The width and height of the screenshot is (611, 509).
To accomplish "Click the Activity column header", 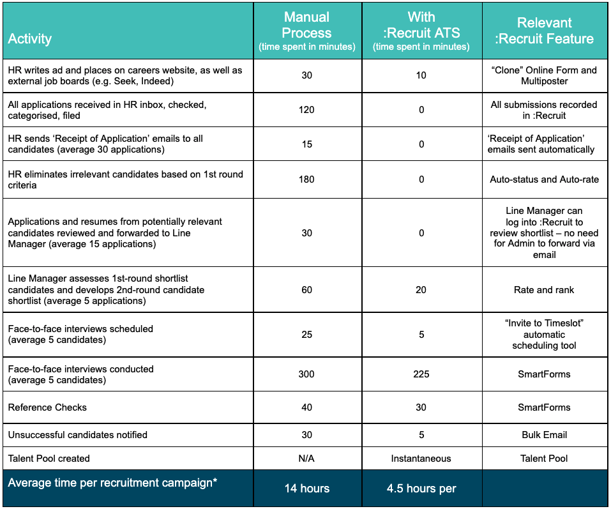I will pos(30,38).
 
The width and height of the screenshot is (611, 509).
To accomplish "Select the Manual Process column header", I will pos(306,31).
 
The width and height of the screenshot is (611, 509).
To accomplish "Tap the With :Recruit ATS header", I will pos(421,31).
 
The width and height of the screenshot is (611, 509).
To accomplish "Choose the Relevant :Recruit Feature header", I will pos(545,31).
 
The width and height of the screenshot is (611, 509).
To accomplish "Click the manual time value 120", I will pos(306,110).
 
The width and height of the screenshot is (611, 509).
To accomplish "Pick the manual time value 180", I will pos(306,179).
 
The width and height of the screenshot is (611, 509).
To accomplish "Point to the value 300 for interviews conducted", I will pos(306,374).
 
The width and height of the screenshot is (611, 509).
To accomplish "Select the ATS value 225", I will pos(421,374).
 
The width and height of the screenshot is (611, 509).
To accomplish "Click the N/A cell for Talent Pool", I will pos(306,459).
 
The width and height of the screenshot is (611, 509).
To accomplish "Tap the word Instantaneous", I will pos(421,459).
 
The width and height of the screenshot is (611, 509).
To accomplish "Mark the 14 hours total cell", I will pos(306,489).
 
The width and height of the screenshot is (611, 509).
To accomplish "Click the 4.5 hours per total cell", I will pos(421,489).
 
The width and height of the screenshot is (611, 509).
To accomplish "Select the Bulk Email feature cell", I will pos(545,435).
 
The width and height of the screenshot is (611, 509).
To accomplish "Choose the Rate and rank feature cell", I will pos(545,290).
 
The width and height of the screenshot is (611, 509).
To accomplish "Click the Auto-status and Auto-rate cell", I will pos(545,179).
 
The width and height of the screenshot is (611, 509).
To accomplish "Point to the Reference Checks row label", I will pos(47,407).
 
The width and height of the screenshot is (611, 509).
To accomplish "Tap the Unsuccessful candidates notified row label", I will pos(78,435).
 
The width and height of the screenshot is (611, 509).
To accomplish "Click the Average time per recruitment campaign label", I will pos(112,483).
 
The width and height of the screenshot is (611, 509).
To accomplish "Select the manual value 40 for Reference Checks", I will pos(306,407).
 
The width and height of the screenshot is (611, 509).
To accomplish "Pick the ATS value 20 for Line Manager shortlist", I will pos(421,290).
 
